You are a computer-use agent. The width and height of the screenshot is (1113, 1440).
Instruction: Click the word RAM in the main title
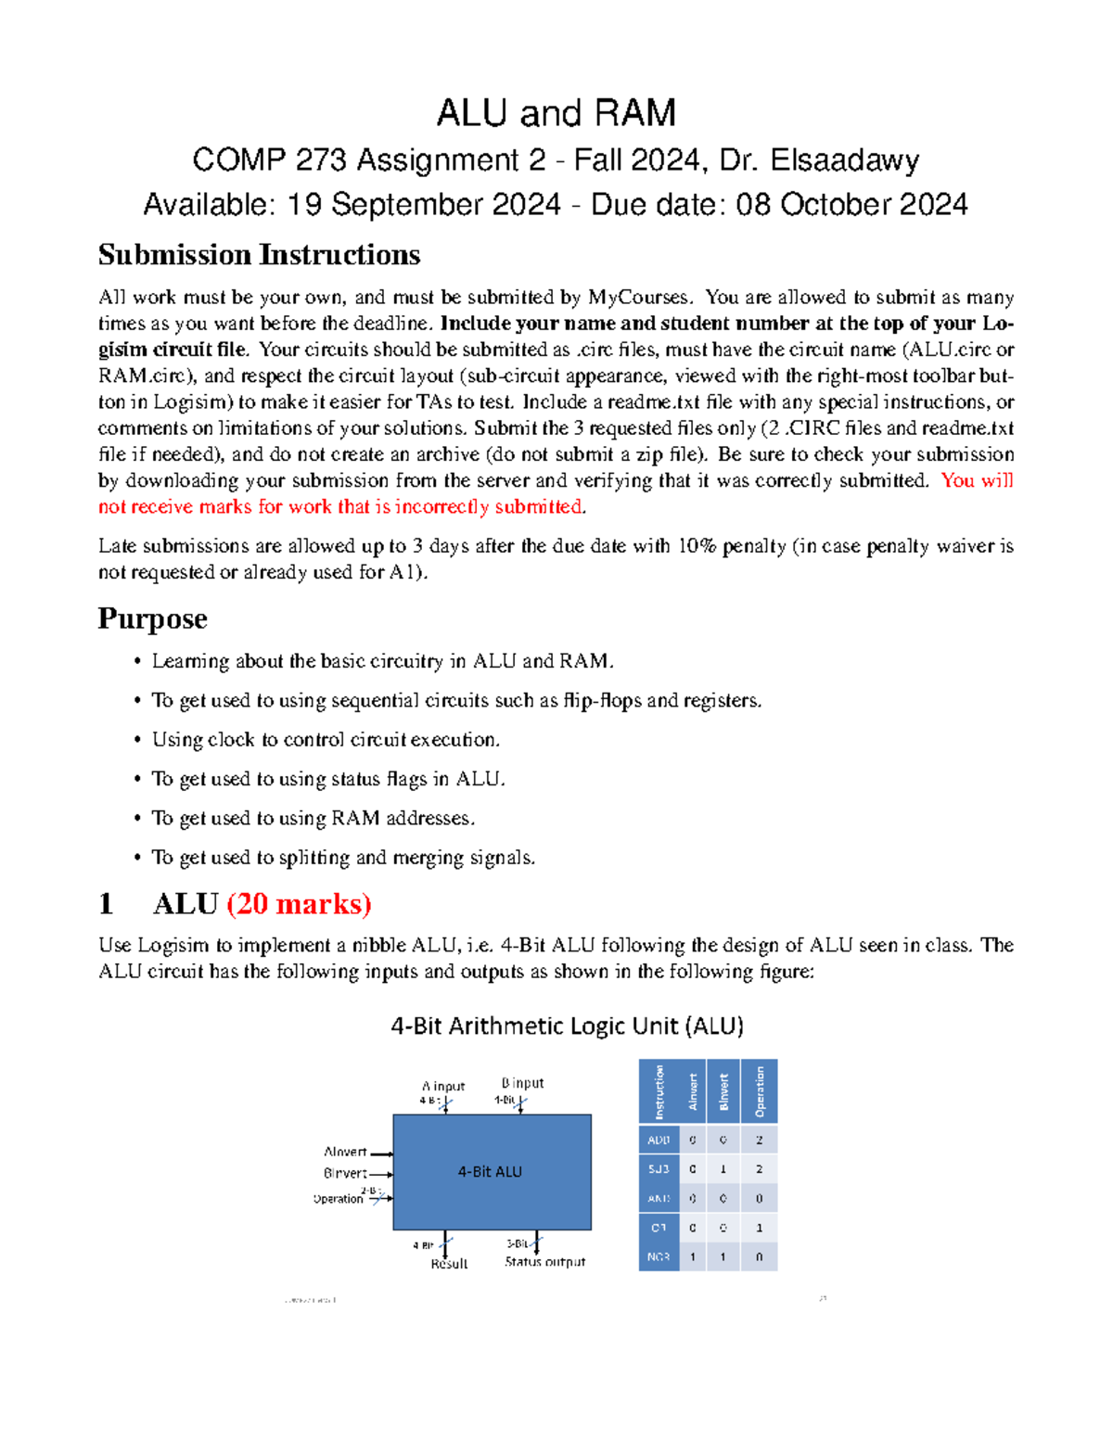point(634,113)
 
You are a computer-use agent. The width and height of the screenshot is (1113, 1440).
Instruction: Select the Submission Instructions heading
point(259,254)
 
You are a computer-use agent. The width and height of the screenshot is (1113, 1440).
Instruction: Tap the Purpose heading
point(152,618)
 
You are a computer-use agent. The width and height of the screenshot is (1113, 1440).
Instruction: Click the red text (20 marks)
point(299,903)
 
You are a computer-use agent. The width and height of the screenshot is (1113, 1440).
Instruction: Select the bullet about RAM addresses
point(313,818)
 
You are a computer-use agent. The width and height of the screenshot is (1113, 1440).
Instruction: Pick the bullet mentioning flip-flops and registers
point(456,700)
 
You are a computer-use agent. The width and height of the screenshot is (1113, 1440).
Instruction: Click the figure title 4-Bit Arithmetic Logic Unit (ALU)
point(567,1026)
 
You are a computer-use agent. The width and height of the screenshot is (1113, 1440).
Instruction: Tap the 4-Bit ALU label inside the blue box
point(490,1172)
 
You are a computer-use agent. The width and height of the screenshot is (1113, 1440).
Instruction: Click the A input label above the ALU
point(443,1086)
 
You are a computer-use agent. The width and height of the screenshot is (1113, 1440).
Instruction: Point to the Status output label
point(544,1262)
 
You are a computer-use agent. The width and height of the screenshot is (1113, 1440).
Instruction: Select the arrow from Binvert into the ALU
point(381,1174)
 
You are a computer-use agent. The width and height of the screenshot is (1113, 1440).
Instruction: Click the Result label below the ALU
point(449,1264)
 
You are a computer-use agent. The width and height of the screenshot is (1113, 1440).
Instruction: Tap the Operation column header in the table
point(759,1091)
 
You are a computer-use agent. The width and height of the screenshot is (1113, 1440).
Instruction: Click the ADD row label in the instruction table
point(659,1140)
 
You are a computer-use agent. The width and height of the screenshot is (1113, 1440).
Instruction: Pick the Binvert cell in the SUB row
point(723,1169)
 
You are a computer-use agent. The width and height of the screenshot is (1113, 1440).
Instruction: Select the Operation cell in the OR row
point(759,1228)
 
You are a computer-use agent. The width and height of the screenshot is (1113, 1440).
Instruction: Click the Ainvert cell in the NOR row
point(692,1257)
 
